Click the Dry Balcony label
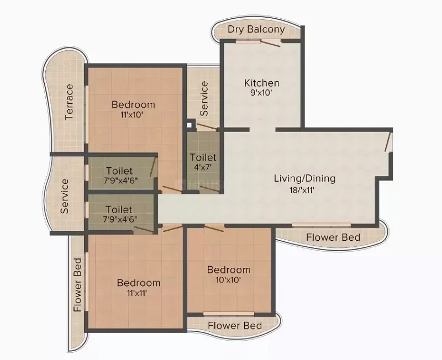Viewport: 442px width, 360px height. click(x=256, y=30)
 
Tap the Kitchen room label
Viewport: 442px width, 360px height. click(x=261, y=83)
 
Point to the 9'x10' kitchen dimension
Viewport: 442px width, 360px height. click(x=261, y=93)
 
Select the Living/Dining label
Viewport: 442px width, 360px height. click(x=305, y=178)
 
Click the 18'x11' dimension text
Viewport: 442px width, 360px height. click(x=302, y=190)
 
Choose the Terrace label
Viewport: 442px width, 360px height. click(x=69, y=102)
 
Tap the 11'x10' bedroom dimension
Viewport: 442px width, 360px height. click(x=133, y=115)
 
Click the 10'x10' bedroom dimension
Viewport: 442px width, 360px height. click(x=229, y=280)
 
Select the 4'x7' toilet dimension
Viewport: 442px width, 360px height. click(x=203, y=167)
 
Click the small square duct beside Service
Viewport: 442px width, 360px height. click(x=190, y=124)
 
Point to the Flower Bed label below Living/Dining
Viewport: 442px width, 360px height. click(x=333, y=237)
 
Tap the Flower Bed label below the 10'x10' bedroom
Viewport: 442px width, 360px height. click(x=235, y=326)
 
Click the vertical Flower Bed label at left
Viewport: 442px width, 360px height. click(x=77, y=285)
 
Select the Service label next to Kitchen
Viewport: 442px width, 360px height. click(x=204, y=99)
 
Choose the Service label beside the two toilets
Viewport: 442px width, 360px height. click(x=65, y=196)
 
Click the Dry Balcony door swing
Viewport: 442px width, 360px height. click(x=271, y=43)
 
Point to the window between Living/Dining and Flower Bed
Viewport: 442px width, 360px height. click(x=322, y=225)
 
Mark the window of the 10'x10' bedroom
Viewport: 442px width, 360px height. click(x=229, y=314)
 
